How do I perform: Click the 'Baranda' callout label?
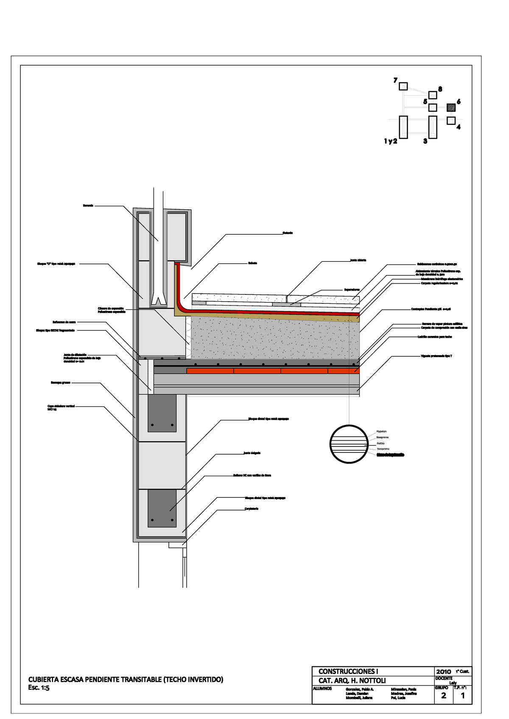(x=88, y=206)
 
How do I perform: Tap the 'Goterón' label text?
(x=288, y=233)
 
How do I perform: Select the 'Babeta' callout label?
(x=252, y=263)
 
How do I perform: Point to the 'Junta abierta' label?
(x=358, y=260)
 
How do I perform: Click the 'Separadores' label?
(x=352, y=290)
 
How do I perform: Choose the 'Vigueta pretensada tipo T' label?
(x=436, y=356)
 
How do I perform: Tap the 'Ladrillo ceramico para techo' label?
(x=435, y=337)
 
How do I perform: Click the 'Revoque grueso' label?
(x=60, y=383)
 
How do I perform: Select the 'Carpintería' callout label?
(x=251, y=508)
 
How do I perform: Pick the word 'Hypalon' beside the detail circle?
(x=381, y=431)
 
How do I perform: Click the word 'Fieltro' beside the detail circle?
(x=380, y=443)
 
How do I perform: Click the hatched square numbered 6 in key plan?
(x=451, y=108)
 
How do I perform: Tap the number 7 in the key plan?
(x=395, y=81)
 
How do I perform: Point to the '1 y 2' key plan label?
(x=391, y=142)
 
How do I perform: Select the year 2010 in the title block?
(x=444, y=672)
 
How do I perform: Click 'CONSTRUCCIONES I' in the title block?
(x=348, y=672)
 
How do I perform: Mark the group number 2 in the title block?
(x=444, y=696)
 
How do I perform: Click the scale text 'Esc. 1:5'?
(x=39, y=688)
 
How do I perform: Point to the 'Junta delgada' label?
(x=252, y=453)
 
